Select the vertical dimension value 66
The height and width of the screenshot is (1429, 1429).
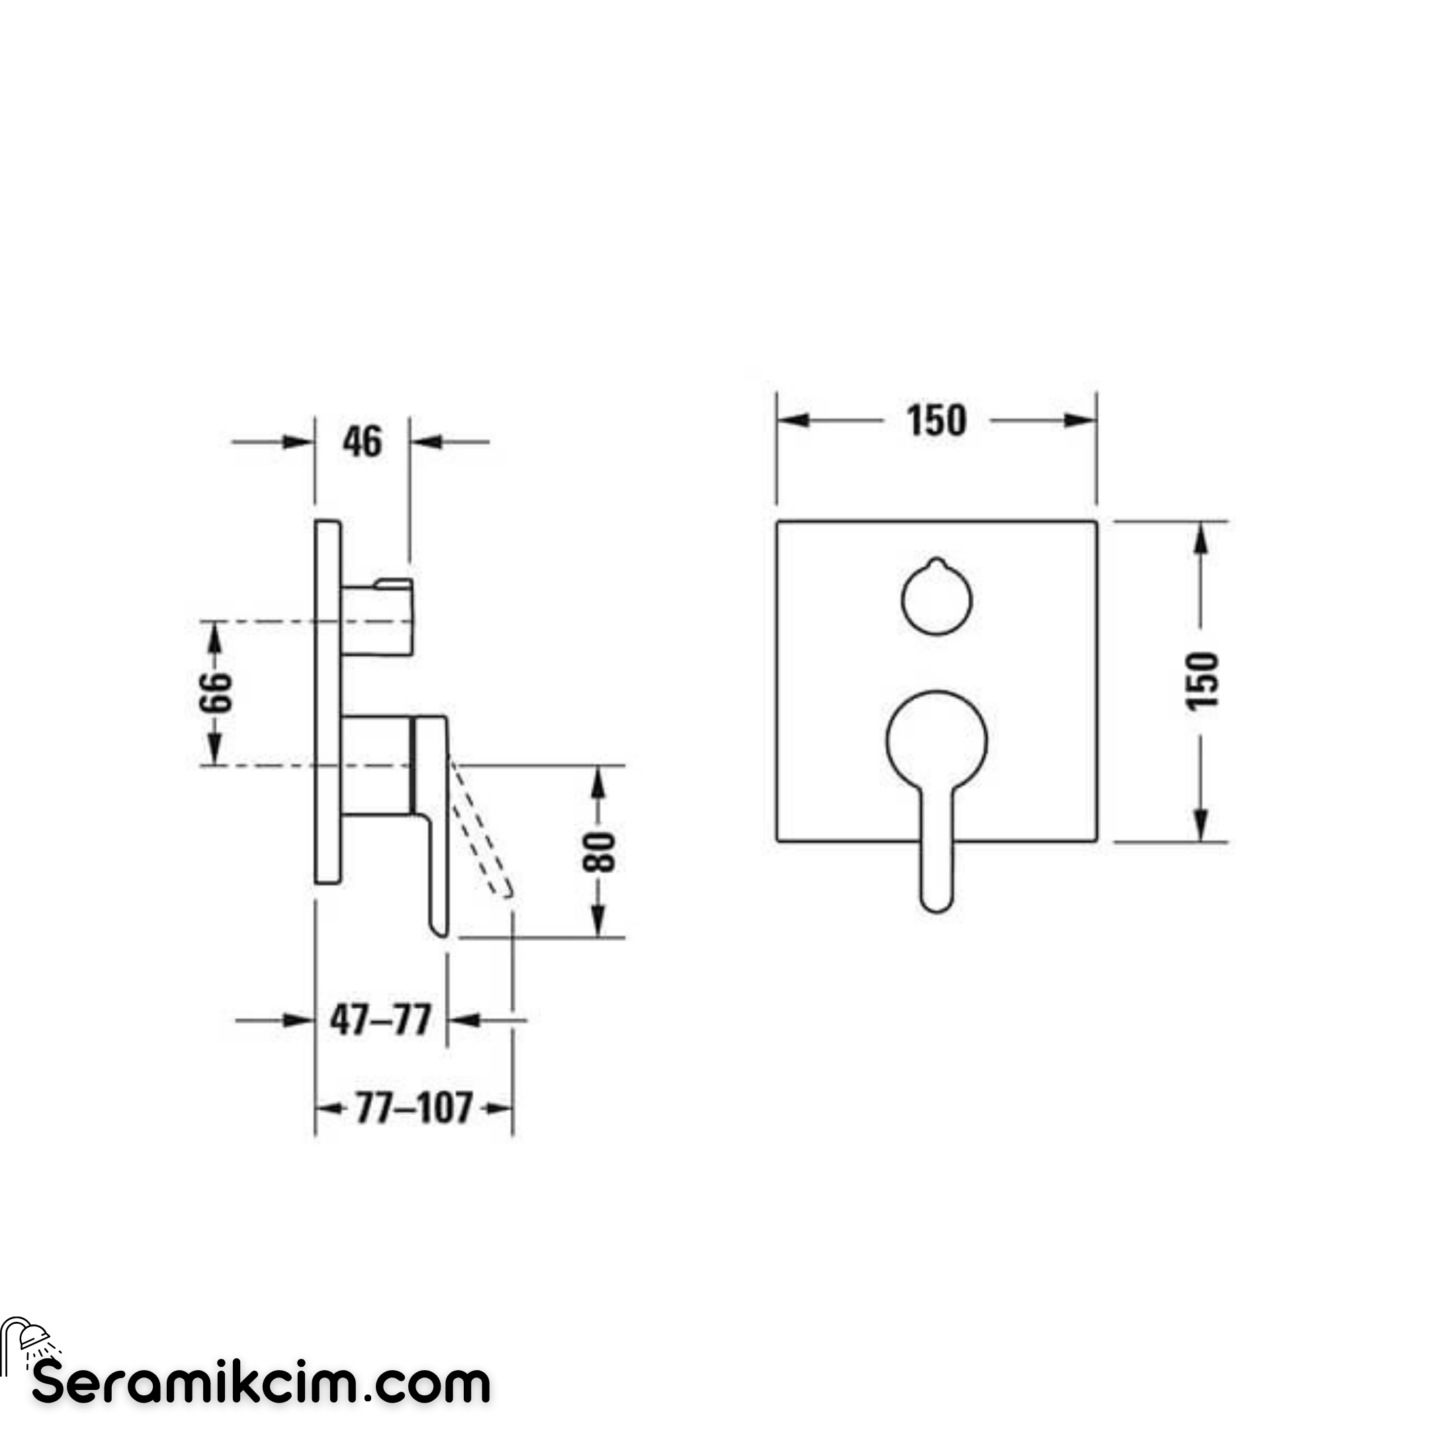[215, 692]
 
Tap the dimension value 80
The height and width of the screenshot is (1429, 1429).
[599, 852]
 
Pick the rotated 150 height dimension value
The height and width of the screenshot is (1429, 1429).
[1201, 681]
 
